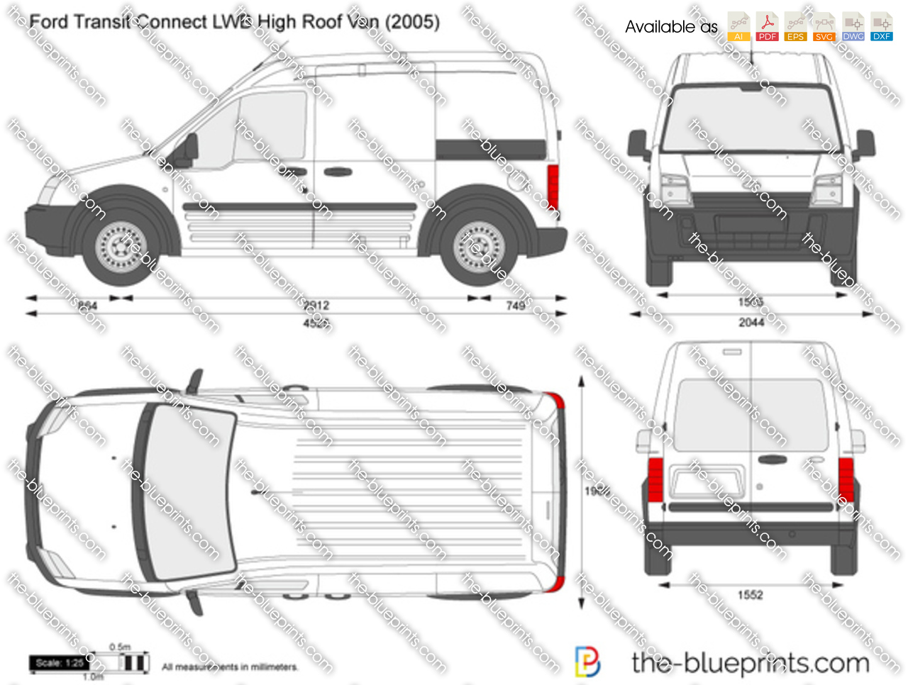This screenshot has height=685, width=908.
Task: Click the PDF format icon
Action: [x=767, y=26]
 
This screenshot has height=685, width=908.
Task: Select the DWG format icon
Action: [x=853, y=26]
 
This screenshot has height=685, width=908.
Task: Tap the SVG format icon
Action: [x=824, y=26]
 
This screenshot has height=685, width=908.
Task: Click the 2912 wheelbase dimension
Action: [x=316, y=305]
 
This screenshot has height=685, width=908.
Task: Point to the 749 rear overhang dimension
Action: [x=516, y=306]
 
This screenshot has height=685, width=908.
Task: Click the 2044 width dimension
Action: [x=751, y=323]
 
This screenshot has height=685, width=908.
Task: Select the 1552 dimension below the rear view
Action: [x=750, y=595]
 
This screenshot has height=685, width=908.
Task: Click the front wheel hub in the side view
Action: [x=121, y=246]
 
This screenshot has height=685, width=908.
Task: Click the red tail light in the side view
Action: [x=553, y=186]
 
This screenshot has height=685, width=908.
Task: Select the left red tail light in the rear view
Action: [x=655, y=479]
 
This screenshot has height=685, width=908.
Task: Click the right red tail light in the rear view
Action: [x=846, y=479]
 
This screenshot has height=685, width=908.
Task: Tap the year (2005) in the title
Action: [x=412, y=22]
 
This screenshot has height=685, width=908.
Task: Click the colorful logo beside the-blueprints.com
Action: [x=587, y=662]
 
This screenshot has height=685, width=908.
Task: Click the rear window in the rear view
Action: [x=751, y=415]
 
